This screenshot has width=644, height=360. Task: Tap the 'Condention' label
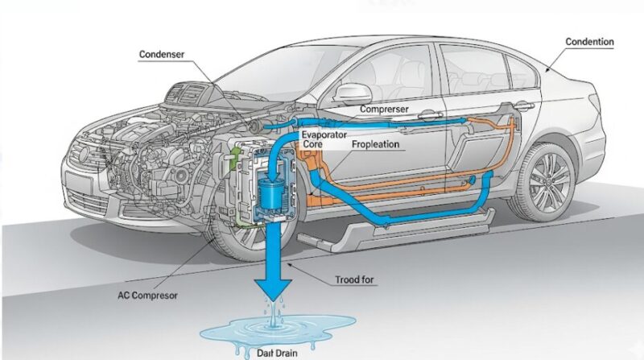[x=589, y=42]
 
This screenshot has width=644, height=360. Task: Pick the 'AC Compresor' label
[x=147, y=295]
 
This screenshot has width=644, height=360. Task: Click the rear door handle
[x=522, y=106]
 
